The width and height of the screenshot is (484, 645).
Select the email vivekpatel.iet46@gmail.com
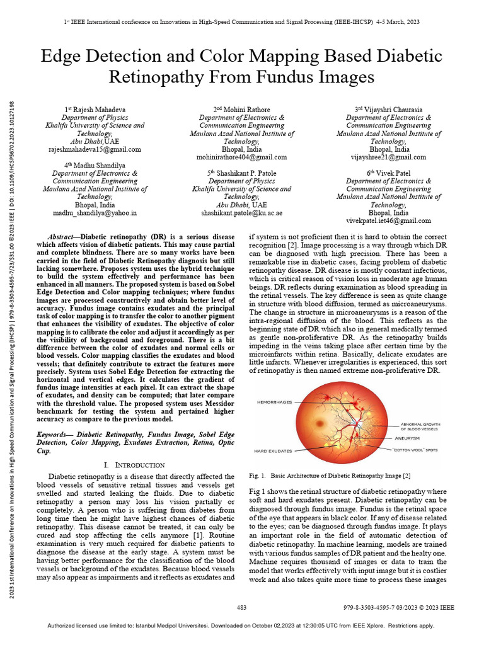click(388, 221)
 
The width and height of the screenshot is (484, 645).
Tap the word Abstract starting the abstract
click(68, 234)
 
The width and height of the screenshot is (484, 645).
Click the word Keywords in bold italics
click(55, 435)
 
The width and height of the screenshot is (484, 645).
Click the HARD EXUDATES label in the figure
click(273, 450)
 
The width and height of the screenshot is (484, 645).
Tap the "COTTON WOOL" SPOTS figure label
click(415, 450)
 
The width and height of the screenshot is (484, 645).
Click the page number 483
click(242, 607)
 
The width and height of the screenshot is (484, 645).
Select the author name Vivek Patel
click(388, 173)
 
